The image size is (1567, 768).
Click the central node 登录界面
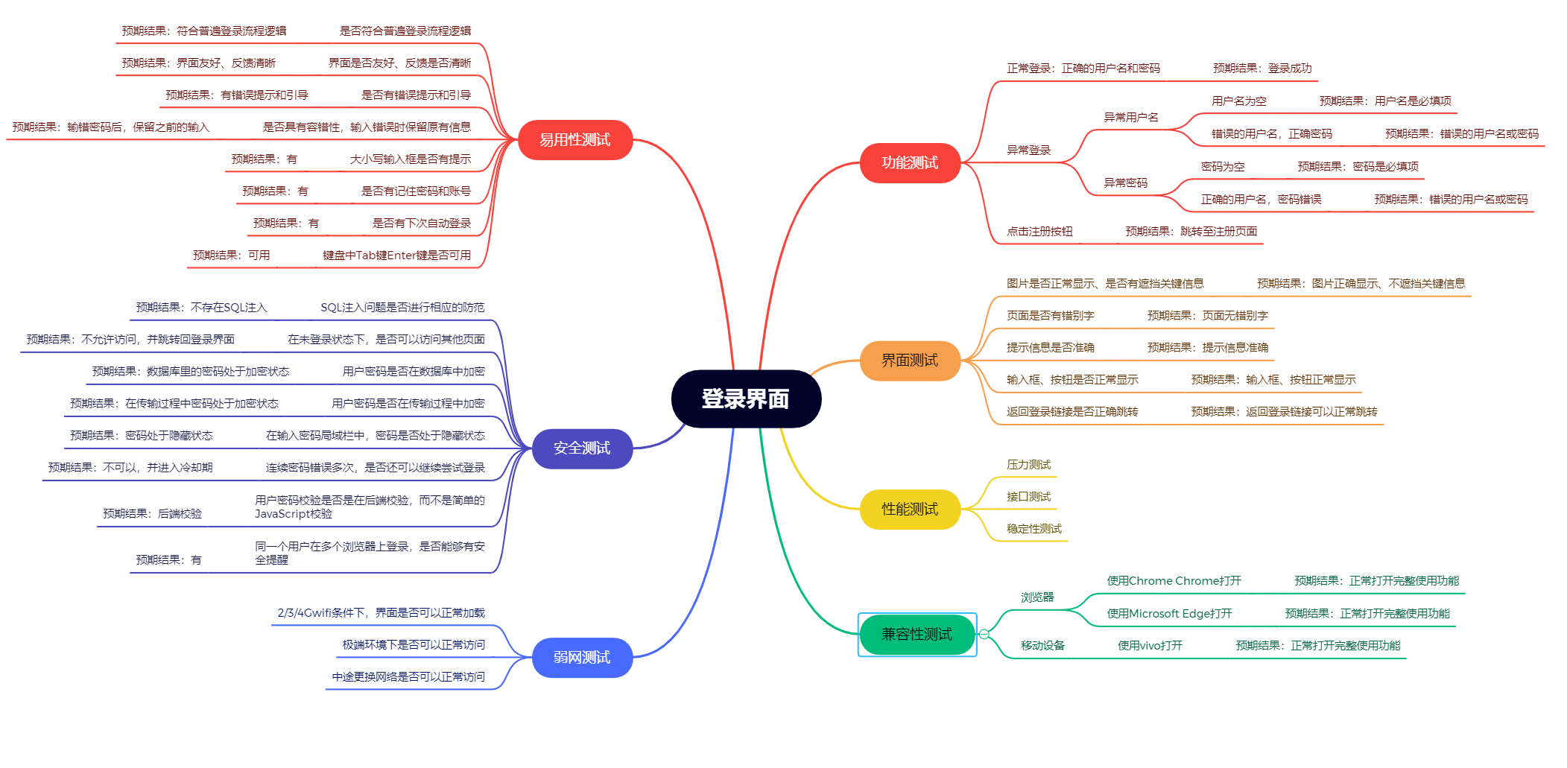point(746,399)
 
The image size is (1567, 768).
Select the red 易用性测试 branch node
point(574,140)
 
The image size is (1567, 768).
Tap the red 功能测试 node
point(910,163)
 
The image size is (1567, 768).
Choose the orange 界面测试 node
point(910,361)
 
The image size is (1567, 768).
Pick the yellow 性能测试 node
point(910,510)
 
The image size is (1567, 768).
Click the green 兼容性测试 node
point(917,635)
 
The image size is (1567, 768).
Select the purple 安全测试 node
point(582,448)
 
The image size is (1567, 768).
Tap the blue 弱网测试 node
point(582,658)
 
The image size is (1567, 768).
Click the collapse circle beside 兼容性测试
point(984,635)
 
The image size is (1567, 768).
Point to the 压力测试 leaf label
point(1028,465)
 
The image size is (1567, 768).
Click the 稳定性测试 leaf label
point(1034,529)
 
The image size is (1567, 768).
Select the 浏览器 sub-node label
point(1037,597)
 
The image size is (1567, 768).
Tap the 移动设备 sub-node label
point(1042,646)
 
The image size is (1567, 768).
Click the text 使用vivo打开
point(1150,646)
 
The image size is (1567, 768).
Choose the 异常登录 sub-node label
point(1028,150)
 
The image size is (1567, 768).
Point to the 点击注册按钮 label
point(1039,232)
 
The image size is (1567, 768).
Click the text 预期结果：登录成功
point(1262,69)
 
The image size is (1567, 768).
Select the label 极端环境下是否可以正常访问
point(414,645)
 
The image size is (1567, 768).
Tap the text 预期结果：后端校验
point(152,514)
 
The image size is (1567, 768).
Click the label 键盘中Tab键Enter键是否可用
point(396,256)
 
